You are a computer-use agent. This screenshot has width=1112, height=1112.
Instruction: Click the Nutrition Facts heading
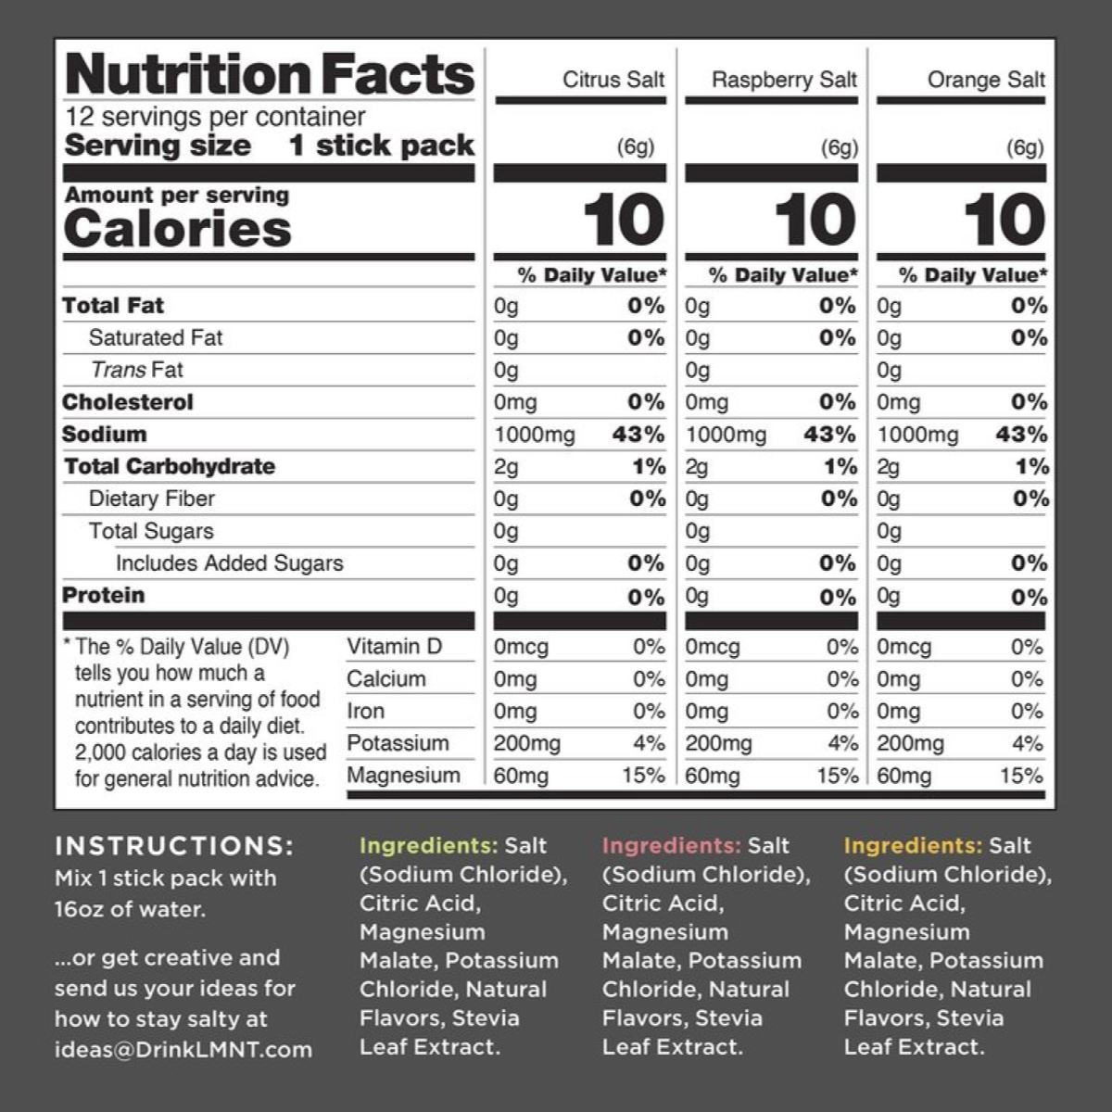pos(270,74)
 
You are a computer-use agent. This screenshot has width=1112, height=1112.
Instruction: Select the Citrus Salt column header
pos(613,80)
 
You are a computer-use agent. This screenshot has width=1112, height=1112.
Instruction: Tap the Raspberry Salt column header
pos(784,80)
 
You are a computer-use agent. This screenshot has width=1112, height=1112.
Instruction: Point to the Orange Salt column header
pos(986,80)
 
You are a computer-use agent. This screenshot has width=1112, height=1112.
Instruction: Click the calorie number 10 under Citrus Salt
pos(624,221)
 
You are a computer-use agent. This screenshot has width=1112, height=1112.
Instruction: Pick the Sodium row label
pos(105,435)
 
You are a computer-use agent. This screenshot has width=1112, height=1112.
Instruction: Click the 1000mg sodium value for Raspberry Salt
pos(727,435)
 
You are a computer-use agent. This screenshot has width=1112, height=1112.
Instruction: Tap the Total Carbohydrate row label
pos(170,466)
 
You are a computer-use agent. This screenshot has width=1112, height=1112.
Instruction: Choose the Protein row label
pos(104,595)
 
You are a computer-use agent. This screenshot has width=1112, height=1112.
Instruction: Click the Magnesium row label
pos(403,776)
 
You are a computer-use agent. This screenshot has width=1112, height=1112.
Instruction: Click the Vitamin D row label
pos(395,647)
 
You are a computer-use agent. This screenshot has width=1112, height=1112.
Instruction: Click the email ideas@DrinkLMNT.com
pos(183,1049)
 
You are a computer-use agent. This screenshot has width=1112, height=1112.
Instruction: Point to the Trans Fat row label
pos(137,370)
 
